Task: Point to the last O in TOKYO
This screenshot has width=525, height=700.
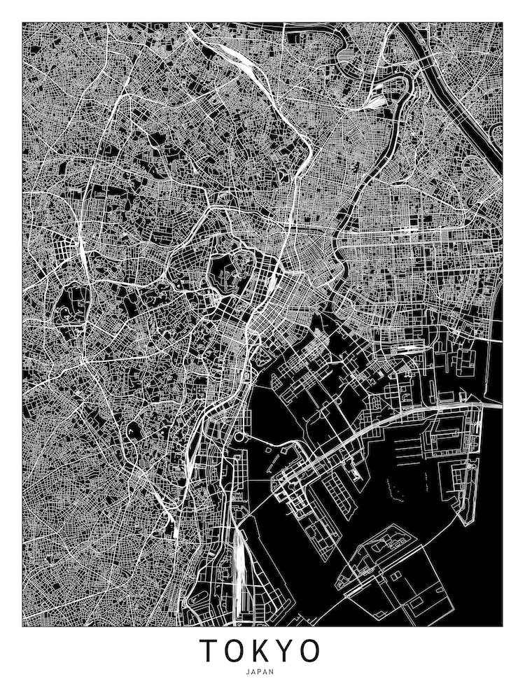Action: pyautogui.click(x=311, y=650)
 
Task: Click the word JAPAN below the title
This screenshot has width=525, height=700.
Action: pyautogui.click(x=260, y=672)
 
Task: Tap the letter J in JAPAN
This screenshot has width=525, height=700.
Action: pyautogui.click(x=248, y=672)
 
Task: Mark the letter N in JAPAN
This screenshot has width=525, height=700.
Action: pyautogui.click(x=272, y=672)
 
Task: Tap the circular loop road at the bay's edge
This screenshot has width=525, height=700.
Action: pyautogui.click(x=239, y=437)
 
